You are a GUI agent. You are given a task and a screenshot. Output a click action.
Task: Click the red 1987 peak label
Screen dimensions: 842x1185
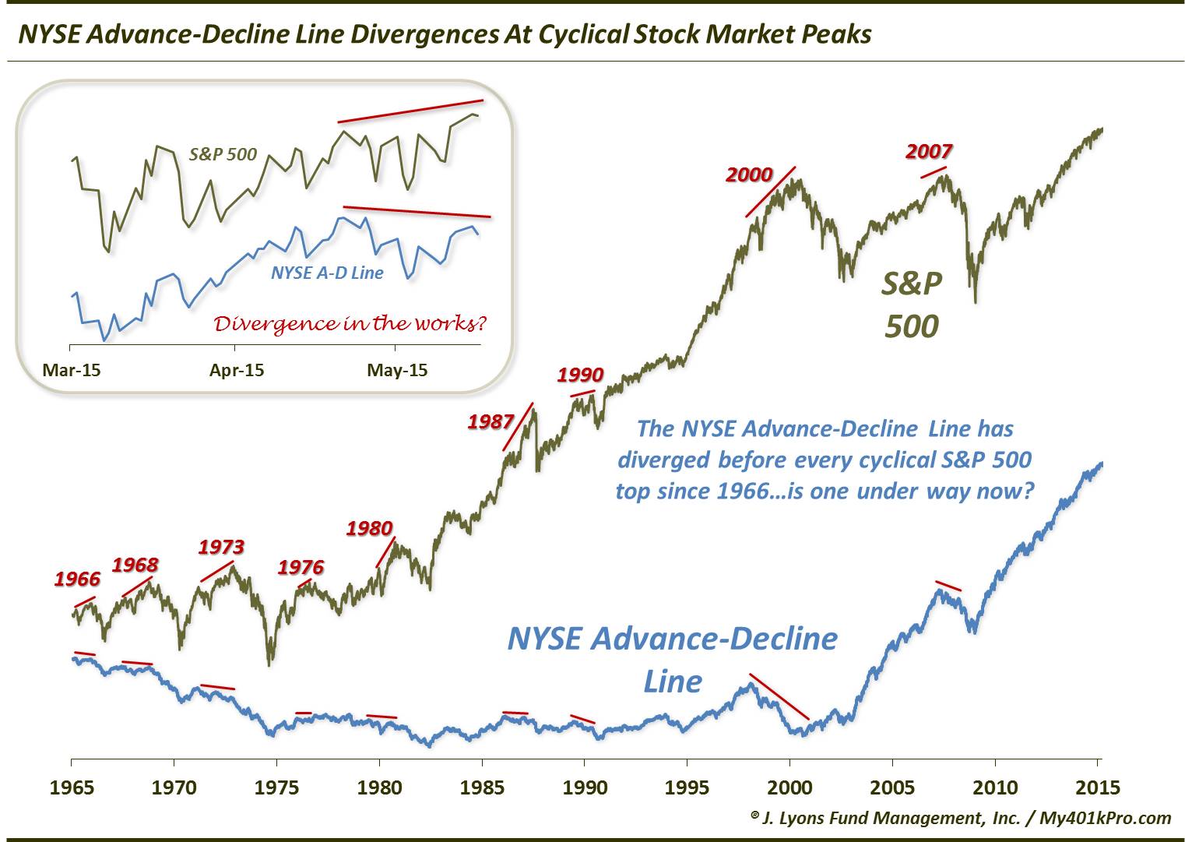(491, 422)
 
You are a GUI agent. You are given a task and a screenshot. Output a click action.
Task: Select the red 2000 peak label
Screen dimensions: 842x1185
(748, 174)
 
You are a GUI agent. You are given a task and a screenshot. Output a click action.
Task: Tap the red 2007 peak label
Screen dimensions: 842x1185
(929, 151)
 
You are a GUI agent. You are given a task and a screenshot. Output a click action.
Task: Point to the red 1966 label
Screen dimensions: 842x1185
(77, 579)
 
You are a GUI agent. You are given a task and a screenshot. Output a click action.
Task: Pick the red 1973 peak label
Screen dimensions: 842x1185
(221, 547)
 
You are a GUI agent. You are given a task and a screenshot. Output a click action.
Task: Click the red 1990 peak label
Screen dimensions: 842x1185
(580, 375)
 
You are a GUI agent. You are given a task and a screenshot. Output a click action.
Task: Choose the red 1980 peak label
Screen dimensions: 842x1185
(369, 528)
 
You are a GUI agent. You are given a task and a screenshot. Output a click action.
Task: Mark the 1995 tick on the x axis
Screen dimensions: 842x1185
(687, 787)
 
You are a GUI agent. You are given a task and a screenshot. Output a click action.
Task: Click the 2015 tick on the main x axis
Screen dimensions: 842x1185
(1097, 787)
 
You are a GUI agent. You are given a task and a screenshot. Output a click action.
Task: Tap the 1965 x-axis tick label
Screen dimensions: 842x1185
(71, 787)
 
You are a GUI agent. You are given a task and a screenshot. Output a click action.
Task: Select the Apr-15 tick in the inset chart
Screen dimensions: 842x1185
(237, 370)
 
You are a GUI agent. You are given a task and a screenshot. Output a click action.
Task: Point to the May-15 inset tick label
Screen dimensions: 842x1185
(397, 370)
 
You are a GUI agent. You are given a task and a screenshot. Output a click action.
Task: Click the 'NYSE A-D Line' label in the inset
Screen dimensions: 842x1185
(327, 273)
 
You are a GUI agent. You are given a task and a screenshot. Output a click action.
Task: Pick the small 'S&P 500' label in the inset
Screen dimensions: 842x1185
(223, 154)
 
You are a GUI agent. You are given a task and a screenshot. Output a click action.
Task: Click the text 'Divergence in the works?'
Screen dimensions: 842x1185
(355, 323)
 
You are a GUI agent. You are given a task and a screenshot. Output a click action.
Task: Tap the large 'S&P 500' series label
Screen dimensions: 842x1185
(911, 305)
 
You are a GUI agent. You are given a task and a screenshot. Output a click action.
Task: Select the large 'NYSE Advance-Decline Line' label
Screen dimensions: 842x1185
(672, 659)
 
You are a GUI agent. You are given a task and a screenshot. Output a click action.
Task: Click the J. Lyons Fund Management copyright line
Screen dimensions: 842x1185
(961, 817)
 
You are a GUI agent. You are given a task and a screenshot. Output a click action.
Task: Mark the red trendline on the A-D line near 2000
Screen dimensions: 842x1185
(779, 696)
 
